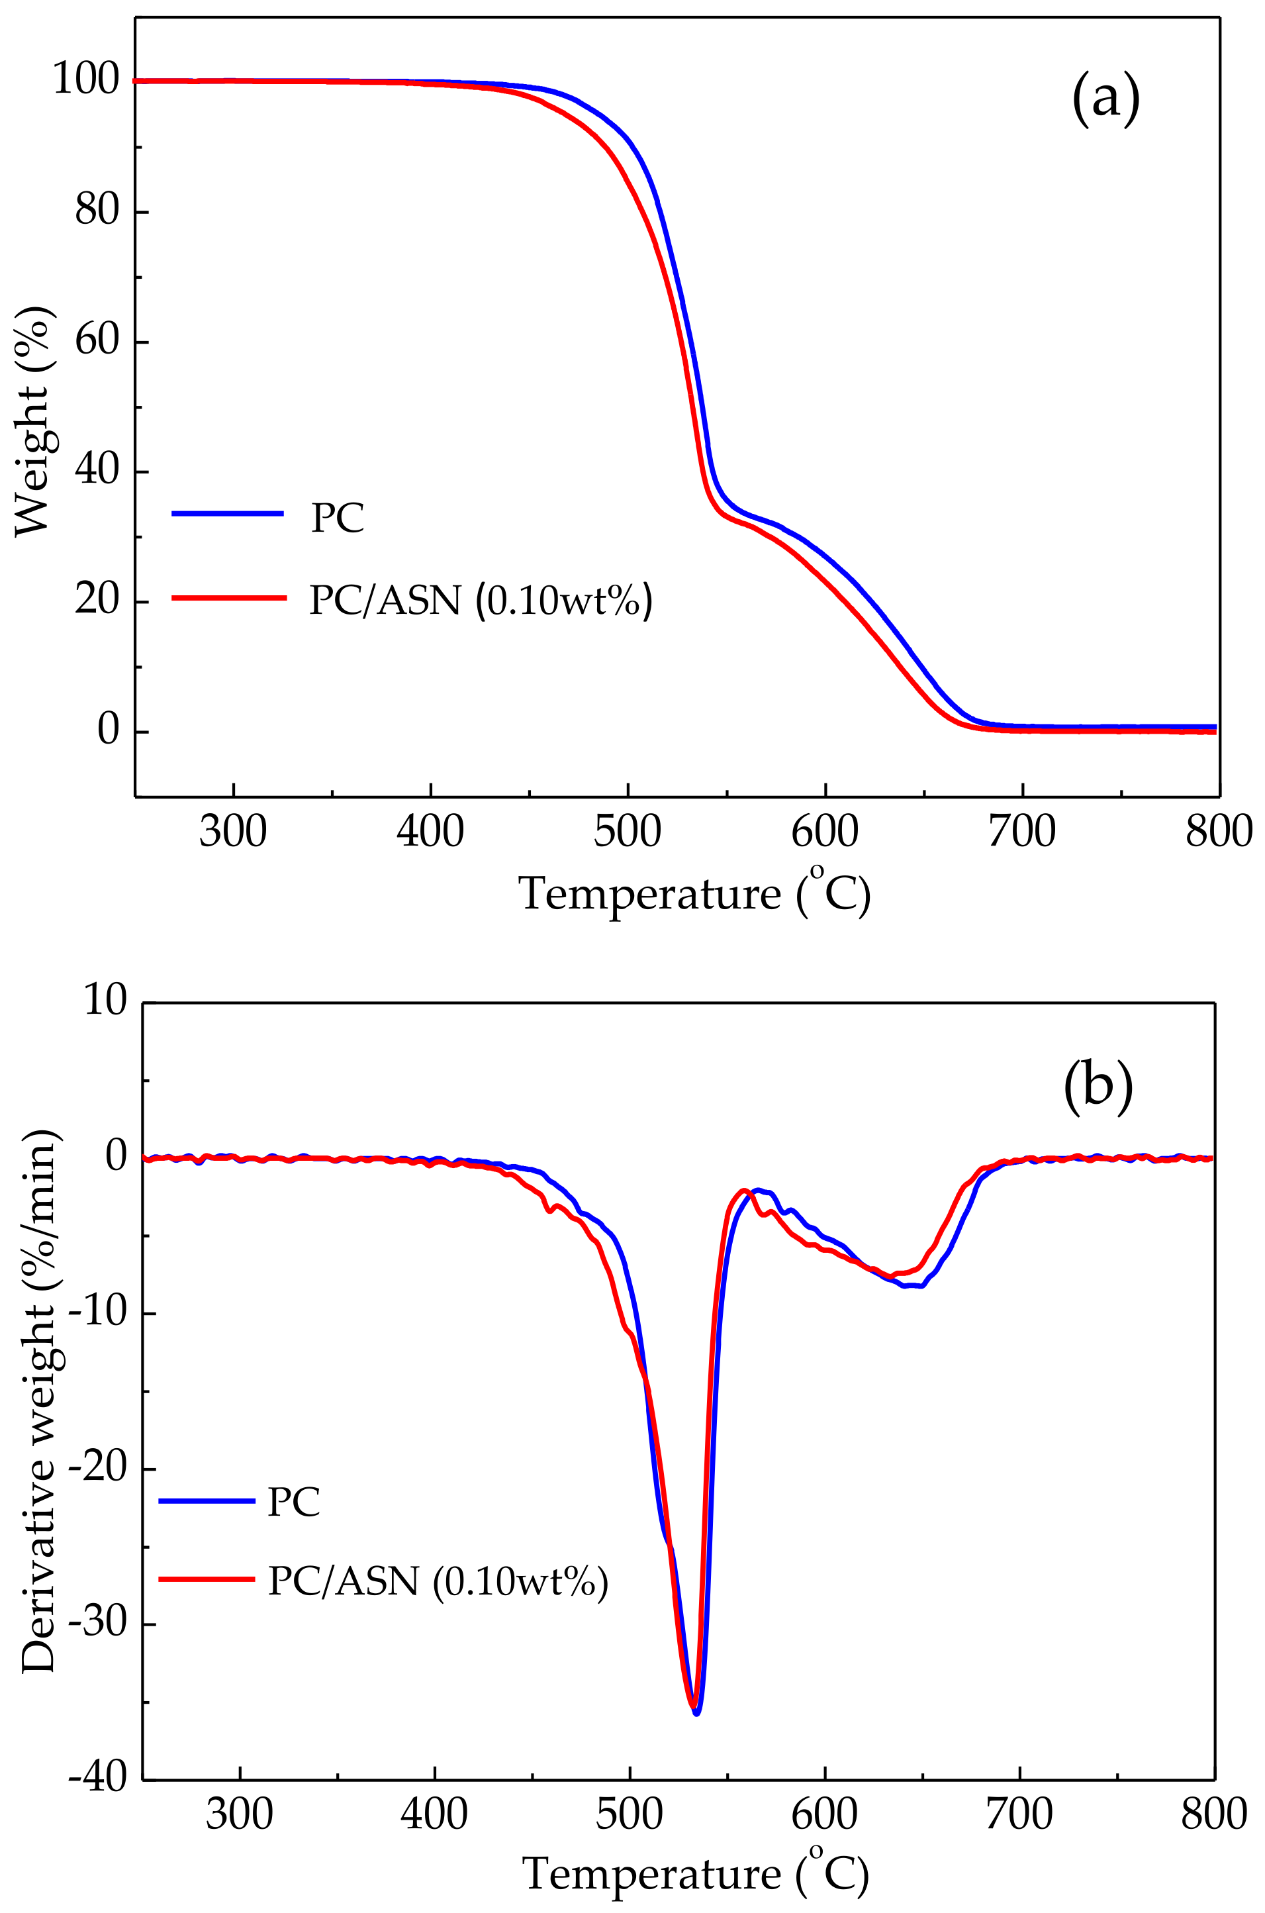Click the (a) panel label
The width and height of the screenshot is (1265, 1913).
pyautogui.click(x=1105, y=99)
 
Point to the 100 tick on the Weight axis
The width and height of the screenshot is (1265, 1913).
pyautogui.click(x=85, y=81)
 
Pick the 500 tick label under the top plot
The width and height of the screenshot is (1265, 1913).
pyautogui.click(x=628, y=832)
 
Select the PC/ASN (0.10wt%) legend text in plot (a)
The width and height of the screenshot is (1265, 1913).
pyautogui.click(x=481, y=601)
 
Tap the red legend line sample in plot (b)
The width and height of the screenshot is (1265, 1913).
pyautogui.click(x=207, y=1577)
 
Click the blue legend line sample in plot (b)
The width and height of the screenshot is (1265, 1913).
pyautogui.click(x=207, y=1500)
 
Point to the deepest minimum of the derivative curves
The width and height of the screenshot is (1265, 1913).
pyautogui.click(x=696, y=1712)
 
